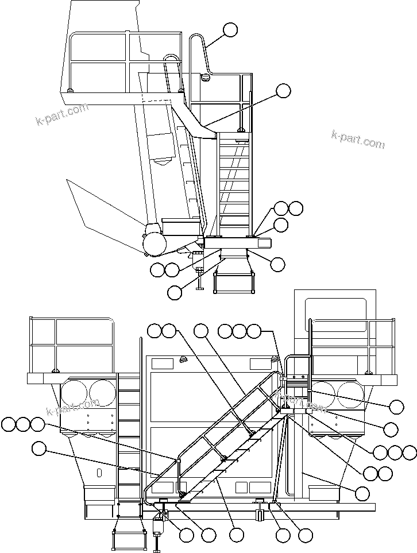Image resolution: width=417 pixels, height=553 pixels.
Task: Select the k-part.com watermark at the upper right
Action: coord(358,139)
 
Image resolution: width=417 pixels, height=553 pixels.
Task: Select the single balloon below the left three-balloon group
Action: coord(38,448)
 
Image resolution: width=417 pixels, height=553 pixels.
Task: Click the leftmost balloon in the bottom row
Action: coord(186,535)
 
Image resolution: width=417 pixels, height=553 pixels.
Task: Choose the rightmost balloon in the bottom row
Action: coord(306,535)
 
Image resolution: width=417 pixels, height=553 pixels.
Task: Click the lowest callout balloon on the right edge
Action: coord(362,493)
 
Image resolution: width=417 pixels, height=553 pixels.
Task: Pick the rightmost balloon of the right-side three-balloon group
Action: coord(409,453)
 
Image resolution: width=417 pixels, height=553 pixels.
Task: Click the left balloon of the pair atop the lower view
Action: coord(155,330)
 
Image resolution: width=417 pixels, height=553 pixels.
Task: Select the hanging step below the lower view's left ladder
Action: coord(130,540)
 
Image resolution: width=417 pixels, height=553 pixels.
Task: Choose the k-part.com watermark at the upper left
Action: coord(61,114)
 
